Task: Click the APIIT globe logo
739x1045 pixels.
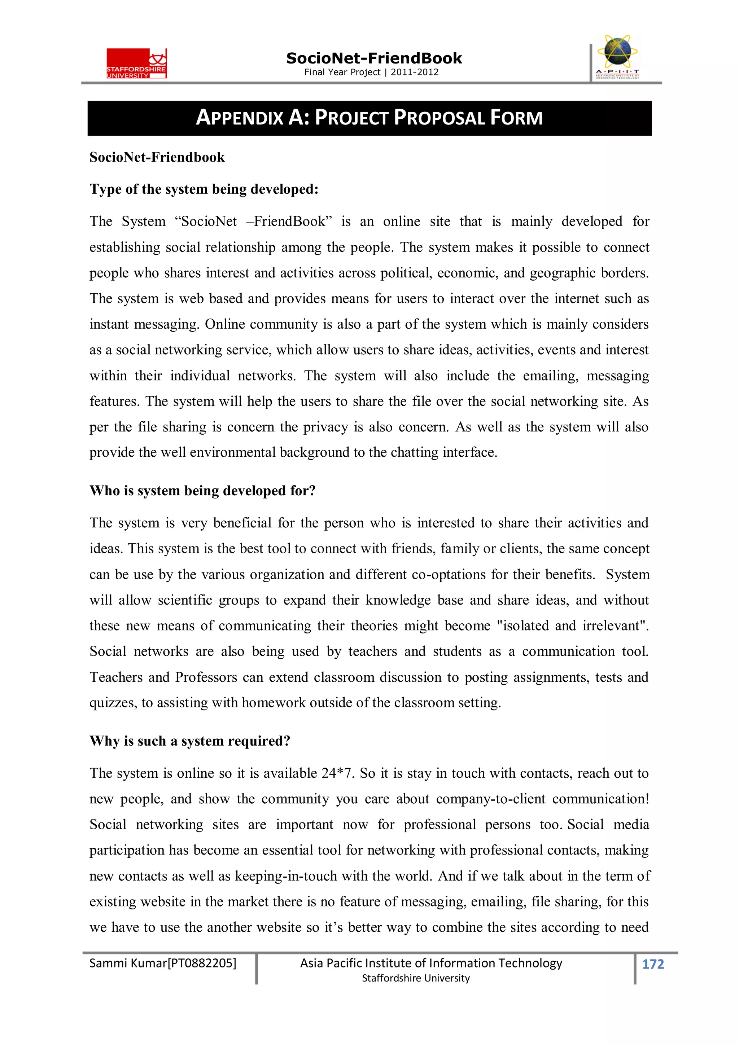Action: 617,56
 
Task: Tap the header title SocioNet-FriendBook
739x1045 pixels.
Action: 374,58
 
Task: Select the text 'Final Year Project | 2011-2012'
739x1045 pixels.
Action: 371,72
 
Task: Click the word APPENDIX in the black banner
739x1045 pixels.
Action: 240,118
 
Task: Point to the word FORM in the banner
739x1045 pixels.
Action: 516,118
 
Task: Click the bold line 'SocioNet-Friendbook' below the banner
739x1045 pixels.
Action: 157,157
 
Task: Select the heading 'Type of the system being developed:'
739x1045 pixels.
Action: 204,189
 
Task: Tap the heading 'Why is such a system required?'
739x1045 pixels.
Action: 190,741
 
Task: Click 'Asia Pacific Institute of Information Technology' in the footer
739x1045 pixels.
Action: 431,963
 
